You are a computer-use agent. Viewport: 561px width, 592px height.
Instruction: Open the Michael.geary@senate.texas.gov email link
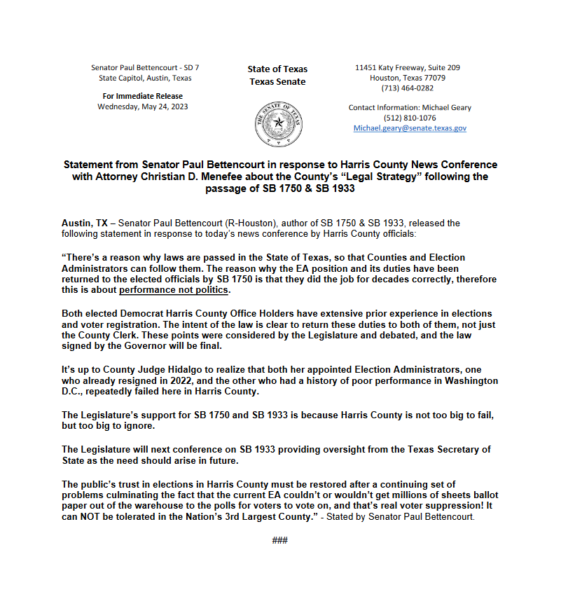(410, 129)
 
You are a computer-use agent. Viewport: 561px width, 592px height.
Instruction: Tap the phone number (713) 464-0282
(407, 88)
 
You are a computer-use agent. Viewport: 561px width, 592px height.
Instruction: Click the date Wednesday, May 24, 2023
(142, 107)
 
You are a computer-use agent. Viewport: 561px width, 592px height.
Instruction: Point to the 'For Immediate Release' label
(142, 96)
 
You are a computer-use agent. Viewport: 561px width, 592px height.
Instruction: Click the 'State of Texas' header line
(277, 69)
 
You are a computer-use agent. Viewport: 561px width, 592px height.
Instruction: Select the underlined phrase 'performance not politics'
(174, 290)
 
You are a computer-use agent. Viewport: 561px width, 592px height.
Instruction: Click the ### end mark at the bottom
(279, 540)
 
